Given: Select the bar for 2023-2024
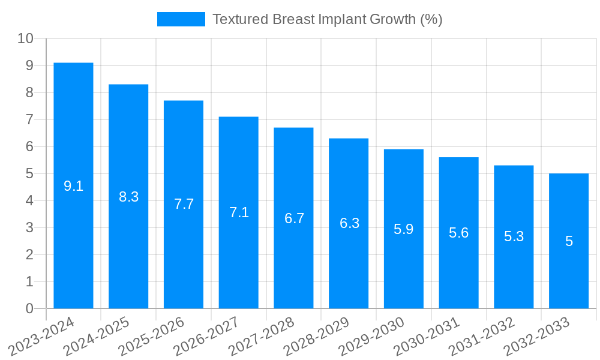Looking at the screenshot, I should [x=73, y=185].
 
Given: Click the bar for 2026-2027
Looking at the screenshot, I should [x=239, y=212].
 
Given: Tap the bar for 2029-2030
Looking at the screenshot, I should [x=404, y=229].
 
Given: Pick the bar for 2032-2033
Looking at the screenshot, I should [x=569, y=241].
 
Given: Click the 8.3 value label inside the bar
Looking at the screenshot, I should [x=128, y=196].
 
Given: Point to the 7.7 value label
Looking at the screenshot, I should [x=184, y=204].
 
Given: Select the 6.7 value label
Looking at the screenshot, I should [x=294, y=218].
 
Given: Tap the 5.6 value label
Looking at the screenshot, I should [x=459, y=233].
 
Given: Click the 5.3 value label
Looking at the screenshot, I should [x=514, y=236].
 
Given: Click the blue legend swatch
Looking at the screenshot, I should [x=181, y=19].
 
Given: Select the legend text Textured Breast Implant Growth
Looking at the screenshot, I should [x=328, y=19].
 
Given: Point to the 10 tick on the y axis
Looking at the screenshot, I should [x=26, y=38].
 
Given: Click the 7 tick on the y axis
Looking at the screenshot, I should [x=29, y=119].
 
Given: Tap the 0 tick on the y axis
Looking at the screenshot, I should [x=29, y=308].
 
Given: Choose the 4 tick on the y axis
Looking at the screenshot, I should [x=29, y=200].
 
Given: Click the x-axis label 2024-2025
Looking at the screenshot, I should [x=97, y=337].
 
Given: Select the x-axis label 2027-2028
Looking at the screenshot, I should [x=262, y=337].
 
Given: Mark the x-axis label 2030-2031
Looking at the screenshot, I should [x=427, y=337].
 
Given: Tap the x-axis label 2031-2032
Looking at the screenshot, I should [x=482, y=337].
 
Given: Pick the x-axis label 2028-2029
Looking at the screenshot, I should [x=317, y=337].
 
